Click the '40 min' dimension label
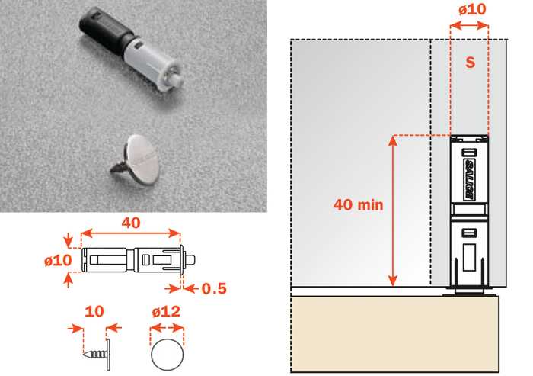pos(359,204)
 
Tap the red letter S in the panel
pos(470,63)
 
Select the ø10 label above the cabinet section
pos(472,9)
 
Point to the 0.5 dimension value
pos(214,288)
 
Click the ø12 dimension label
pos(166,311)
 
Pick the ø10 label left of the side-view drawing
pos(58,261)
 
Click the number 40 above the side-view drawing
pos(131,223)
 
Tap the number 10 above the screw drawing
pos(94,311)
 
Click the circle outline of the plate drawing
pos(152,355)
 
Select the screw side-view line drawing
pos(97,355)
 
